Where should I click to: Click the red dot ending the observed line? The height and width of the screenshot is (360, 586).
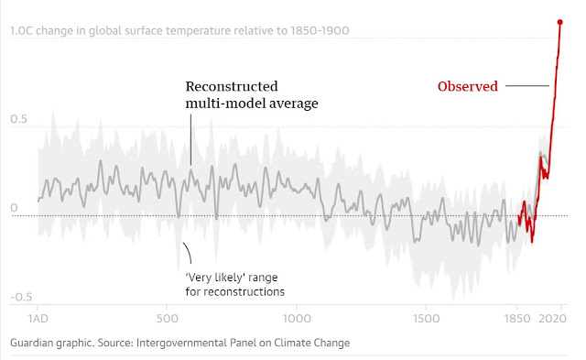tap(559, 22)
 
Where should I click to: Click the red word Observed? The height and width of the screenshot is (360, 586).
tap(468, 86)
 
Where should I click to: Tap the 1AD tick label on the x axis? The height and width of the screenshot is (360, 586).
tap(38, 319)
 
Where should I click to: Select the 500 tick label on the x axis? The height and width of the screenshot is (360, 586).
tap(167, 319)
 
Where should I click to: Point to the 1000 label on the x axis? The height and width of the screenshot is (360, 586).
tap(297, 319)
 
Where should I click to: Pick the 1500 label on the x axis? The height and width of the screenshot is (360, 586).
tap(426, 319)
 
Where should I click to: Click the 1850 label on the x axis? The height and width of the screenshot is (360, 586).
tap(517, 319)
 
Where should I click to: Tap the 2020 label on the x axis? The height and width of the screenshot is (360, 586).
tap(552, 319)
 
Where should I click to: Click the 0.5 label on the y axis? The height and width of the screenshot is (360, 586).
tap(18, 119)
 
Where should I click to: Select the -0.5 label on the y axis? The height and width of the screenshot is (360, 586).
tap(21, 297)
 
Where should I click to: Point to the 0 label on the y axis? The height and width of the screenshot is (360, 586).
tap(14, 208)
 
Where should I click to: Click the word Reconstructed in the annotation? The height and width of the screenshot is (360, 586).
tap(232, 86)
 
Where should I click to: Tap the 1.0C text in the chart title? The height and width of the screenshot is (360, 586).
tap(22, 30)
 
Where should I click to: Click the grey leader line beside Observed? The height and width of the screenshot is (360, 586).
tap(527, 85)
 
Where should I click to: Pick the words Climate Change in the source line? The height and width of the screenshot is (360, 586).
tap(311, 343)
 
